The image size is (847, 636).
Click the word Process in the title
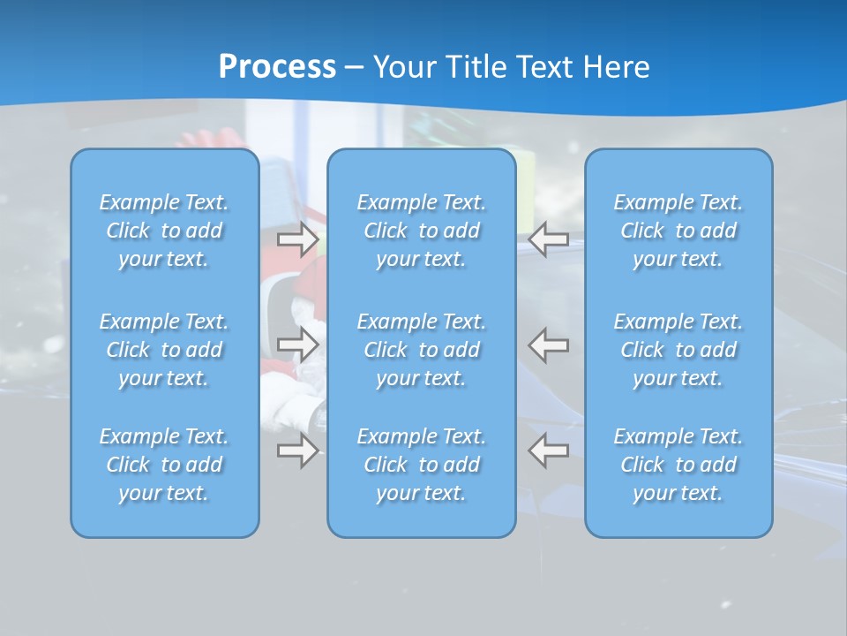(x=277, y=67)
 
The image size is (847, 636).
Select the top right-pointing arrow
(x=297, y=238)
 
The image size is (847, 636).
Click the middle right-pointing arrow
(x=297, y=344)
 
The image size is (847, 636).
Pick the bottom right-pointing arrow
(x=297, y=450)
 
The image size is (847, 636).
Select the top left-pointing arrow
(x=548, y=238)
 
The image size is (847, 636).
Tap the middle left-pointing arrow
(x=548, y=344)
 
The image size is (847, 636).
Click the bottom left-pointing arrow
(x=548, y=450)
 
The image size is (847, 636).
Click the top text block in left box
(x=164, y=231)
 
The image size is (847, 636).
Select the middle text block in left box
(x=164, y=350)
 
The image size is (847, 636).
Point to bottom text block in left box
(x=164, y=465)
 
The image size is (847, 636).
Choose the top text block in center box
(x=422, y=231)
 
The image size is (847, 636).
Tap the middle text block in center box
(x=422, y=350)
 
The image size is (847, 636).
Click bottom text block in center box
(x=422, y=465)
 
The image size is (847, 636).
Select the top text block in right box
(x=678, y=231)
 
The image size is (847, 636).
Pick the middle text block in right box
(x=678, y=350)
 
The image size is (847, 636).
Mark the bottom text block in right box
(x=678, y=465)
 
